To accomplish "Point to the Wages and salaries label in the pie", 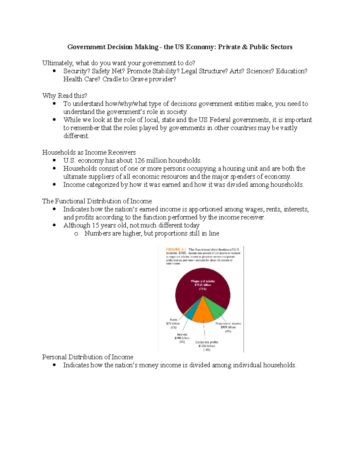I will [x=203, y=281].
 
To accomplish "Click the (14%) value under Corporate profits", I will [x=206, y=350].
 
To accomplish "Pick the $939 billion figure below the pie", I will [x=228, y=327].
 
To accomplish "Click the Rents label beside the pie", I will [x=173, y=320].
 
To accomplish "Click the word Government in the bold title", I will [x=86, y=47].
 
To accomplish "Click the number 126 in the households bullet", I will [x=139, y=160].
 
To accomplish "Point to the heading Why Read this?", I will [x=64, y=95].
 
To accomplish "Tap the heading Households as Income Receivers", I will [x=89, y=152].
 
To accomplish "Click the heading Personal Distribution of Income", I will [x=88, y=357].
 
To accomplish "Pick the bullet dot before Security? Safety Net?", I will [x=54, y=71].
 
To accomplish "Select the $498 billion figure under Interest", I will [x=182, y=338].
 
